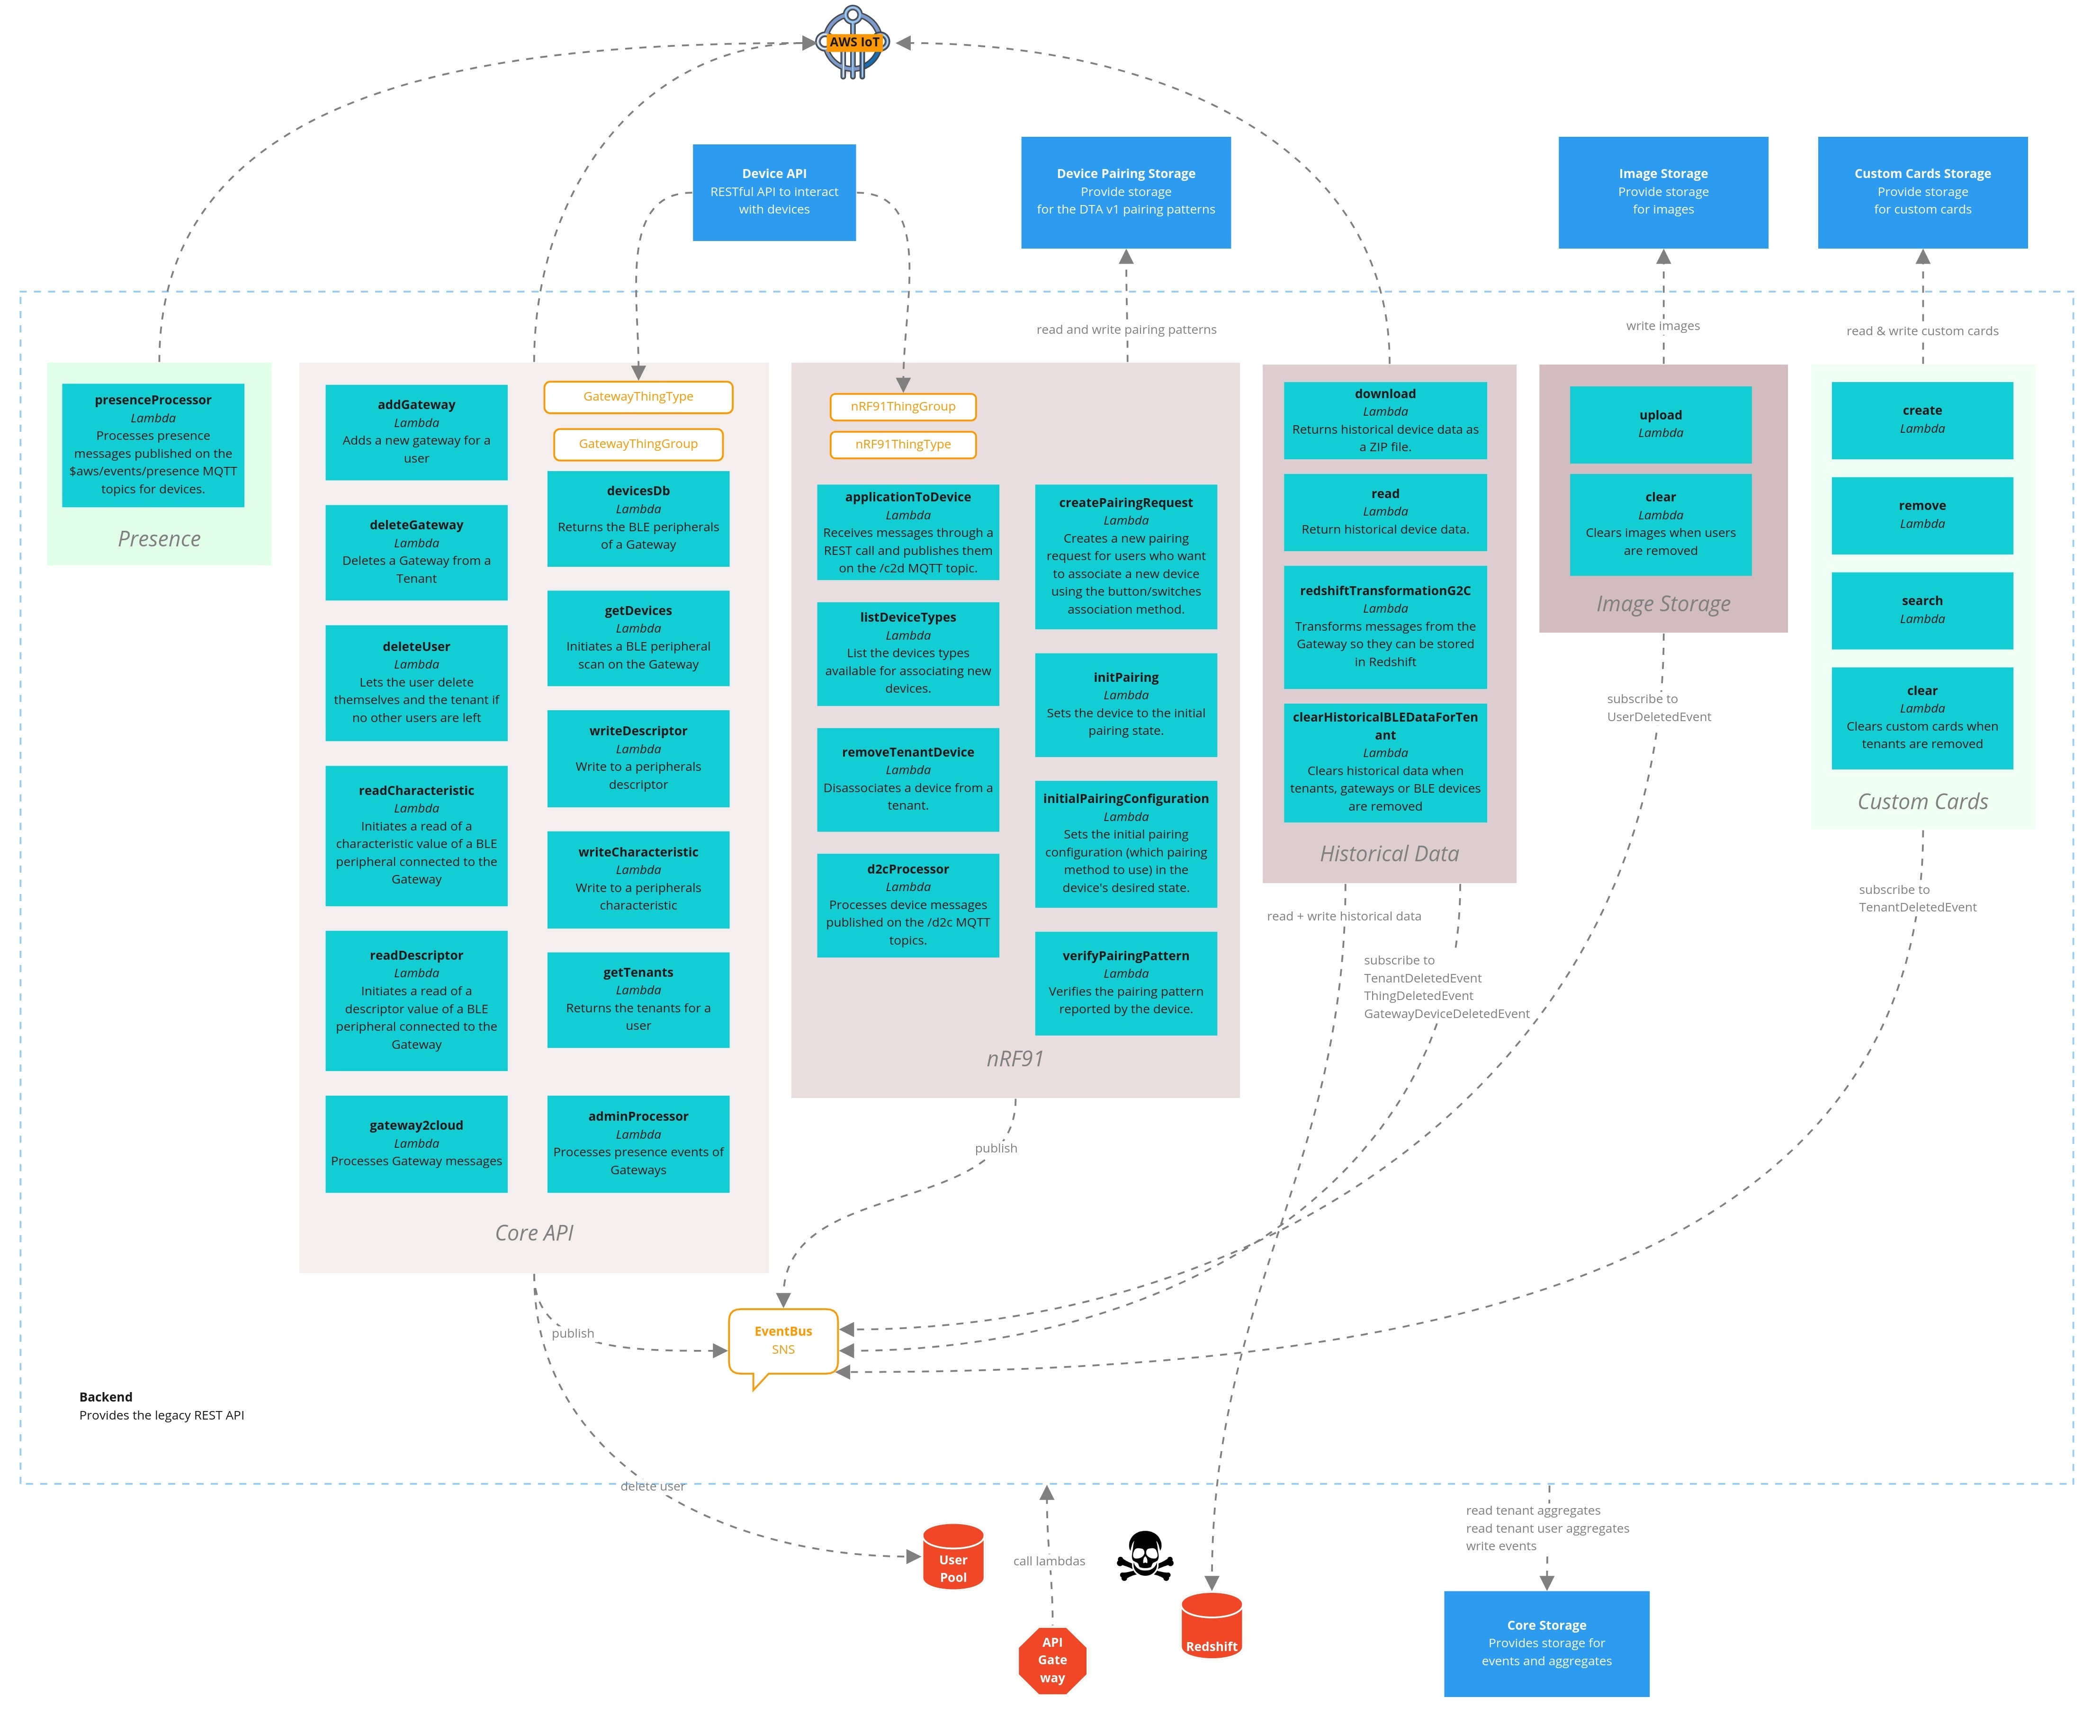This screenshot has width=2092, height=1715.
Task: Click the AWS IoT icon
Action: [x=853, y=43]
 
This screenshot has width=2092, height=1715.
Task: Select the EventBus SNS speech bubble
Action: [x=782, y=1341]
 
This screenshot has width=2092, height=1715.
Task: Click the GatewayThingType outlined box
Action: [x=638, y=397]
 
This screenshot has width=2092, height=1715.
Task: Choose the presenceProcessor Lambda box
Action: [x=153, y=445]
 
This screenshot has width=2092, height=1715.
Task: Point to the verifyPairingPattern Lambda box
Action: [x=1125, y=983]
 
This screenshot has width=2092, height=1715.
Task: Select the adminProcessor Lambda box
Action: [x=638, y=1143]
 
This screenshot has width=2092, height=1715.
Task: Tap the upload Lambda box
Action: [x=1660, y=424]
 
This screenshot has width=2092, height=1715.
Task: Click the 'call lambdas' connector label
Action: [x=1049, y=1561]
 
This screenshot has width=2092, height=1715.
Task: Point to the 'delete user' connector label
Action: [x=652, y=1486]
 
